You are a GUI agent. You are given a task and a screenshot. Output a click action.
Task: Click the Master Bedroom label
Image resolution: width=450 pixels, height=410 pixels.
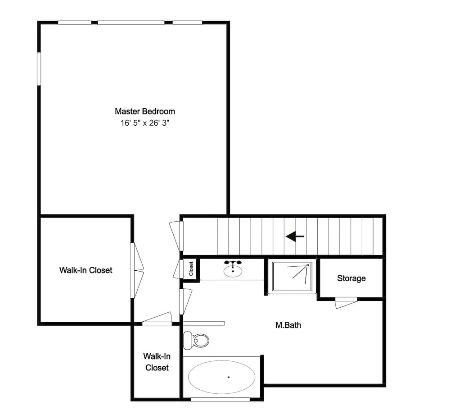pos(144,111)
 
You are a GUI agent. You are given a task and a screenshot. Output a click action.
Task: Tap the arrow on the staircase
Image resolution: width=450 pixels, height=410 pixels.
pos(295,236)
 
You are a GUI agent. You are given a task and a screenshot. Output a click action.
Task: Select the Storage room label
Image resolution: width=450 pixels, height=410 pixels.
pos(351,278)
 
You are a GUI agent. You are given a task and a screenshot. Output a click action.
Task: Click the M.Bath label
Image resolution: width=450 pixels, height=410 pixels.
pos(288,325)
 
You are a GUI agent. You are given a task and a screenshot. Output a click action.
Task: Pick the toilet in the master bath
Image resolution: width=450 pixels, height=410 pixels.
pos(197,340)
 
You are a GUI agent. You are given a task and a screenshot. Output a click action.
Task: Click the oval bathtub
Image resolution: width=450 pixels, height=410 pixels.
pos(222,377)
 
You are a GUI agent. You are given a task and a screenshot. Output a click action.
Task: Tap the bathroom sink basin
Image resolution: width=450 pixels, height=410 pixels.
pos(233,270)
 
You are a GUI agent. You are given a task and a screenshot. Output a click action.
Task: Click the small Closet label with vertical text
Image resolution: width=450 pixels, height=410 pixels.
pos(191,269)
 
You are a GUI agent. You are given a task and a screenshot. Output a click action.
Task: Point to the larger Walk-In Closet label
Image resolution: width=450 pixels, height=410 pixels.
pos(85,270)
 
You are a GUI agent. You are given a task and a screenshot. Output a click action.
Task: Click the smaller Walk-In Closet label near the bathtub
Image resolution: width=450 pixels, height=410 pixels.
pos(156,362)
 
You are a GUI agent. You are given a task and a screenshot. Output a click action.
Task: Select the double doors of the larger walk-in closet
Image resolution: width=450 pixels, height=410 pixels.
pos(136,270)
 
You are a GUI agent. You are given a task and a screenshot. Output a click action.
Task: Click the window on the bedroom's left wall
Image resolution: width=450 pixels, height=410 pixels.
pos(39,68)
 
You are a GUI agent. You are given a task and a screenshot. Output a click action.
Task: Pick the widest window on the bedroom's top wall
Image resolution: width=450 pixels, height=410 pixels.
pos(131,22)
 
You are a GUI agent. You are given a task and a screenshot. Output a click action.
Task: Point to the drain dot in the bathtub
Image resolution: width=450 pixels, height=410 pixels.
pos(228,377)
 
